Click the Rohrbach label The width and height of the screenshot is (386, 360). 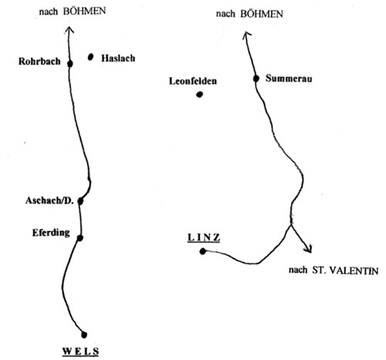coord(39,61)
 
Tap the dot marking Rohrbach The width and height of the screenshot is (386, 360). coord(69,63)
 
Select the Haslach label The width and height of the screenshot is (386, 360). coord(118,58)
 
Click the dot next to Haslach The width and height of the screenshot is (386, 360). coord(90,57)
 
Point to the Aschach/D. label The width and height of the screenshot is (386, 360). coord(49,201)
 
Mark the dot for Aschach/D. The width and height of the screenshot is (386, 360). coord(80,201)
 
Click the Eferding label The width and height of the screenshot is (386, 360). coord(51,233)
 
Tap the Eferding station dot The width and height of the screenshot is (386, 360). coord(80,238)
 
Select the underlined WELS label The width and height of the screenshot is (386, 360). coord(80,352)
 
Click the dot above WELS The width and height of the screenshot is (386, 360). coord(84,335)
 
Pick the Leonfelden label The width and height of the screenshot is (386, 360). coord(193,81)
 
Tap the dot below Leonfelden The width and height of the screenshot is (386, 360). coord(199,94)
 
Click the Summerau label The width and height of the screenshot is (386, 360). coord(289,78)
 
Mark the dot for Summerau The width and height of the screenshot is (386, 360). coord(256,79)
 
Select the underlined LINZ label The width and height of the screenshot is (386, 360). coord(204,238)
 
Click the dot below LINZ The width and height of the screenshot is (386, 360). coord(203,251)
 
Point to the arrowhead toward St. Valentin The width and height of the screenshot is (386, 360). coord(308,249)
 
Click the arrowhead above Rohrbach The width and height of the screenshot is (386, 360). coord(69,30)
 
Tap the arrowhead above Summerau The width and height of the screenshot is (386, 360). coord(246,35)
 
